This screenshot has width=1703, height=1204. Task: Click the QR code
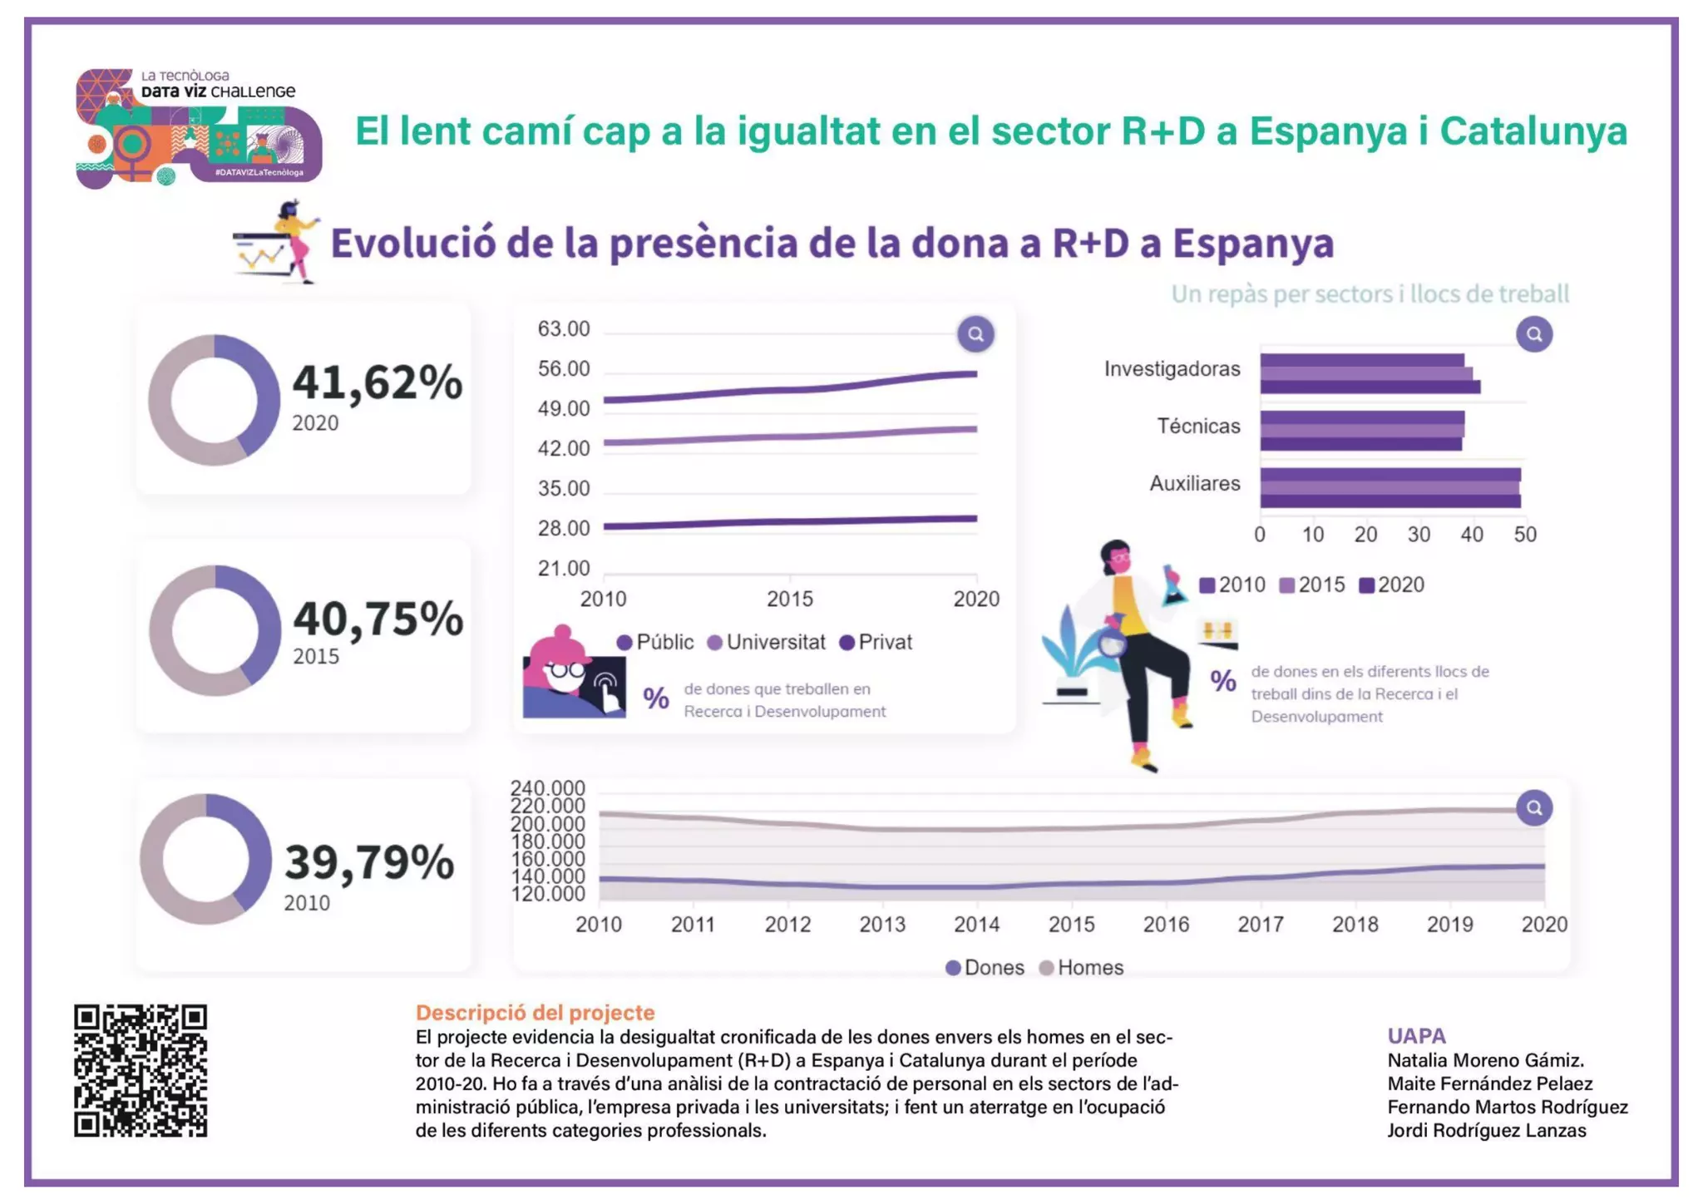tap(140, 1070)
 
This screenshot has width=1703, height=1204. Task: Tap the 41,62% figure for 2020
tap(377, 383)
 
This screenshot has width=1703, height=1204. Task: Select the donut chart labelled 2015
tap(215, 630)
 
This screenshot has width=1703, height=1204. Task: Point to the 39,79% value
tap(369, 862)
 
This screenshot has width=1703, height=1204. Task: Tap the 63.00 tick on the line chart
tap(563, 329)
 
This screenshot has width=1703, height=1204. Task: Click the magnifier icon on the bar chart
tap(1533, 334)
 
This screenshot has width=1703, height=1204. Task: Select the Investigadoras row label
tap(1172, 369)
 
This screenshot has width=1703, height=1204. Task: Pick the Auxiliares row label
tap(1194, 483)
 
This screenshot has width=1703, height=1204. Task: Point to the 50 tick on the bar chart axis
tap(1524, 535)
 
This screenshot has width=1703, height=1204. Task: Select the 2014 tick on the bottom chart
tap(976, 925)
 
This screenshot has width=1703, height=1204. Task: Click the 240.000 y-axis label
tap(547, 787)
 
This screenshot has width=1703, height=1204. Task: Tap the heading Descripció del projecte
tap(535, 1013)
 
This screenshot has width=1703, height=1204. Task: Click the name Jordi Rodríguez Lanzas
tap(1486, 1131)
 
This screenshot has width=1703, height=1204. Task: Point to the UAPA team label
tap(1416, 1036)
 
